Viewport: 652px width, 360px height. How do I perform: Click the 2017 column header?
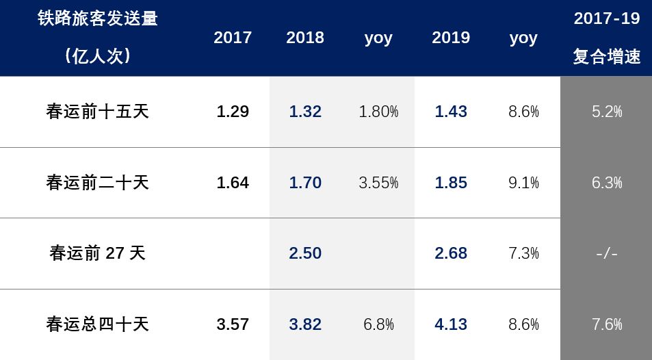click(x=233, y=38)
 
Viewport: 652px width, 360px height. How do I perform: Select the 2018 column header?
click(x=305, y=38)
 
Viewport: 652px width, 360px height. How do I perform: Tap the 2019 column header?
click(x=451, y=38)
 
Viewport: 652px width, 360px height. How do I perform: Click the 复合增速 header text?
click(x=607, y=57)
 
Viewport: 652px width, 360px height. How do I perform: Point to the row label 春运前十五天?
click(x=98, y=112)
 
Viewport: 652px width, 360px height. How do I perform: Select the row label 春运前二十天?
click(x=98, y=183)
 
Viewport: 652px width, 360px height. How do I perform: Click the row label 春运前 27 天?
click(x=98, y=253)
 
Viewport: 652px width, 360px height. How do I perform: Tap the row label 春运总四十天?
click(x=98, y=324)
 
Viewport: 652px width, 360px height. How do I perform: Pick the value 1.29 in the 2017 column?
click(x=233, y=112)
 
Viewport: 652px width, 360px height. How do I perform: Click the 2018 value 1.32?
click(x=305, y=112)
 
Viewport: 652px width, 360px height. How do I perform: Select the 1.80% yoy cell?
click(x=378, y=112)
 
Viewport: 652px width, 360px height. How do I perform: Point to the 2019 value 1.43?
click(x=451, y=112)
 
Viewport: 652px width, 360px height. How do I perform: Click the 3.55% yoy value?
click(x=378, y=183)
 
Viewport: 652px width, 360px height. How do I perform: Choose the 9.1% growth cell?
click(x=523, y=183)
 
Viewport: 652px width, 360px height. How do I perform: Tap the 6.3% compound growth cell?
click(x=607, y=183)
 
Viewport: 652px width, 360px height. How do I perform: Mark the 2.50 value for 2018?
click(x=305, y=253)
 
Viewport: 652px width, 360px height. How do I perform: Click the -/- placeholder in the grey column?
click(x=607, y=254)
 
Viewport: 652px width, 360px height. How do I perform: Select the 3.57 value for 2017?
click(x=233, y=324)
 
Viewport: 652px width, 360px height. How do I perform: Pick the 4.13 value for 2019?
click(x=451, y=324)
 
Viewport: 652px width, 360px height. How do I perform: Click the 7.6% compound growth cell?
click(x=607, y=324)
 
